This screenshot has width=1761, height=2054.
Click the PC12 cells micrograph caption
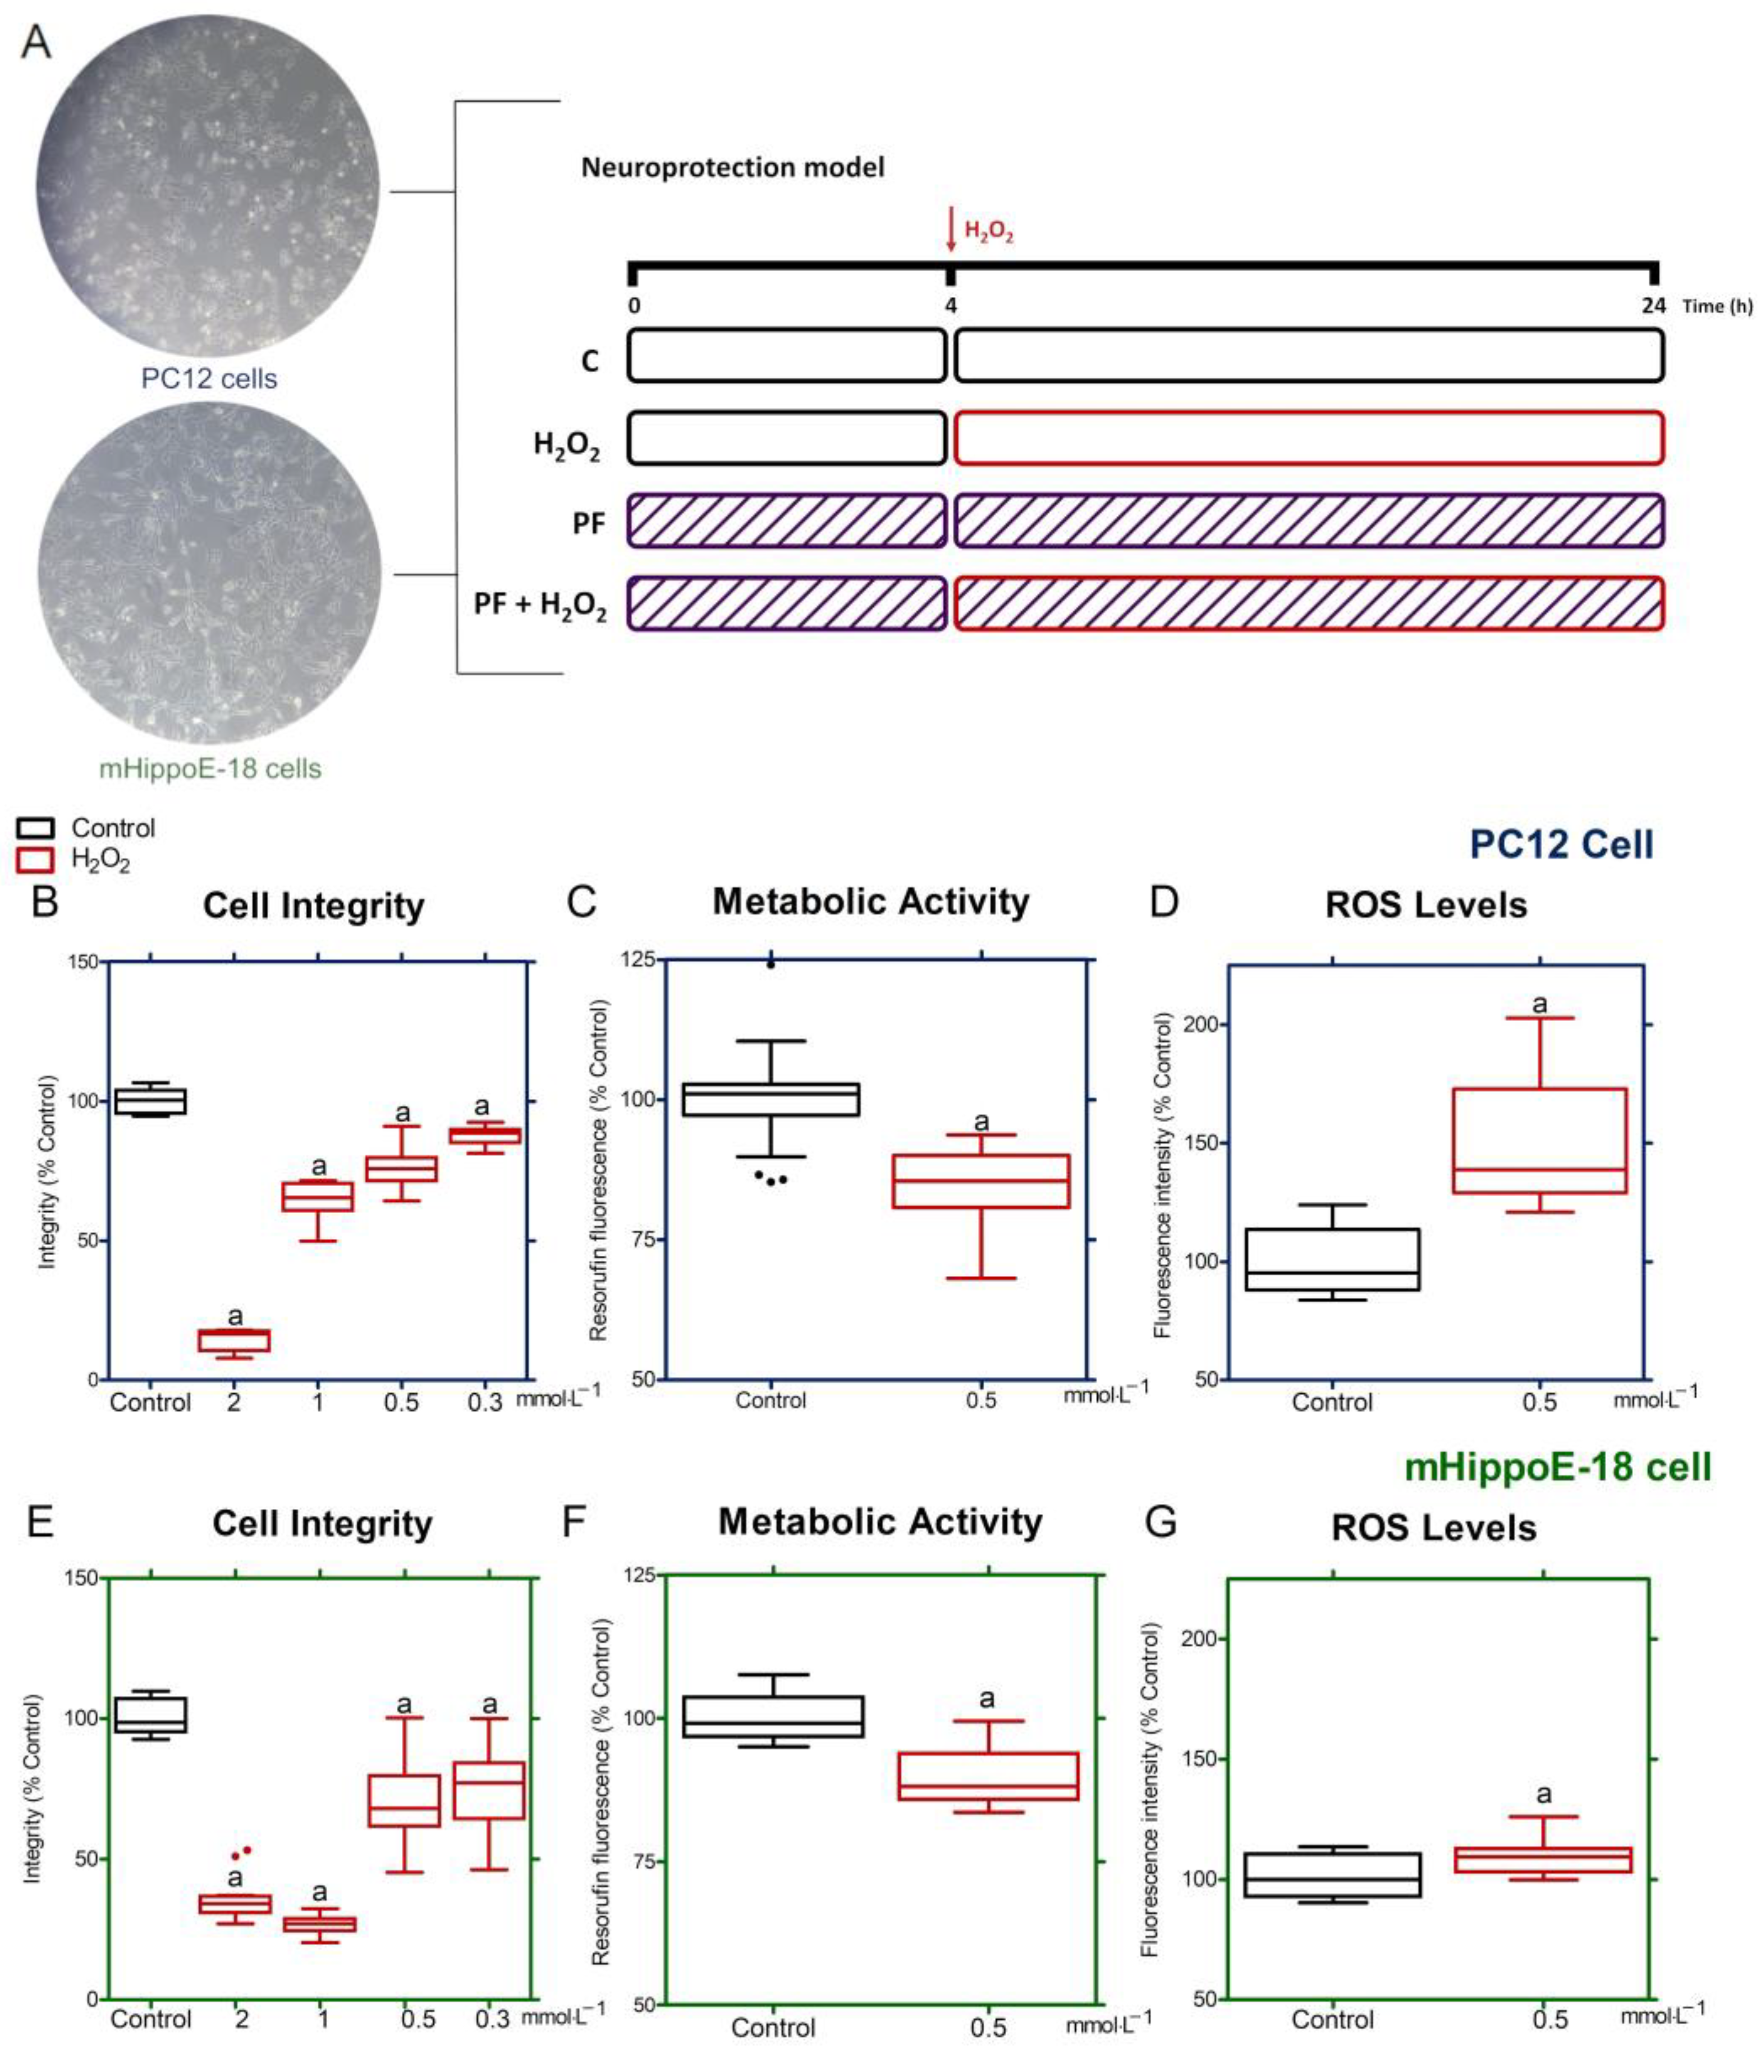[209, 379]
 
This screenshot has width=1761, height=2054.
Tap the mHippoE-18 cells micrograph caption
[210, 768]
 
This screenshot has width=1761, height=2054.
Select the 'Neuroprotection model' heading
[732, 167]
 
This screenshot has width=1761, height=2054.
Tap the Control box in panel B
[150, 1101]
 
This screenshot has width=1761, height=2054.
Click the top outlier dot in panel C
[771, 963]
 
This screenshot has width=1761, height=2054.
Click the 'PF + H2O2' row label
[539, 603]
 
